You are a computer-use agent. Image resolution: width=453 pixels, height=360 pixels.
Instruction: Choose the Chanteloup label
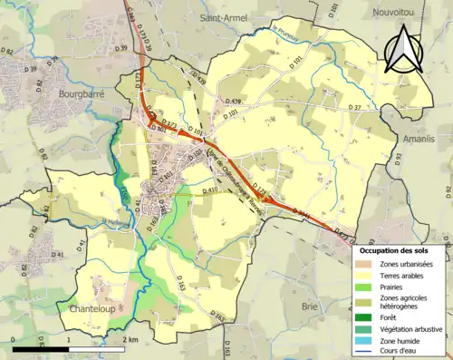[x=96, y=308]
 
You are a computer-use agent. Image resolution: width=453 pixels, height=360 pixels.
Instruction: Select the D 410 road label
[x=210, y=190]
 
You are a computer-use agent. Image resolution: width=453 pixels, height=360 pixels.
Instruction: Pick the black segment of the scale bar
[x=28, y=346]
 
